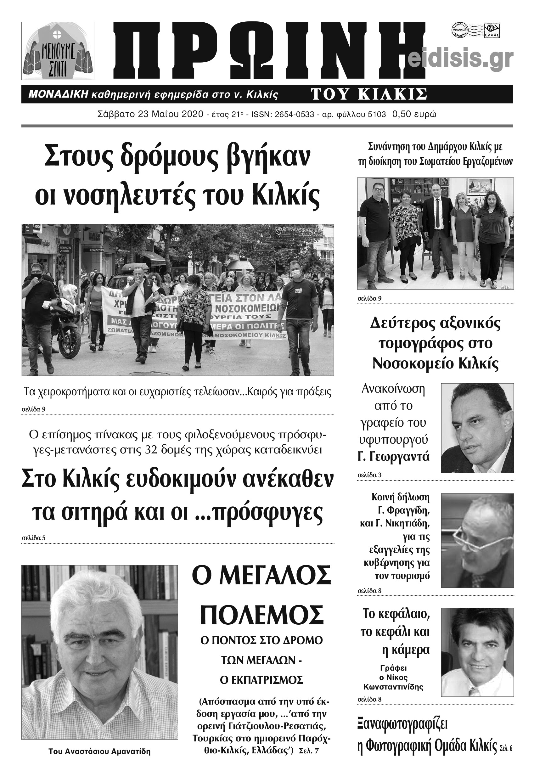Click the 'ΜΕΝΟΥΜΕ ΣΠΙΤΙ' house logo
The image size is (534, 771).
pyautogui.click(x=58, y=51)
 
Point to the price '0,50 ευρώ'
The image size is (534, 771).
pyautogui.click(x=414, y=115)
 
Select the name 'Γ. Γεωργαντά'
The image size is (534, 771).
pyautogui.click(x=393, y=457)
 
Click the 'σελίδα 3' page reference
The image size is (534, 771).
pyautogui.click(x=369, y=475)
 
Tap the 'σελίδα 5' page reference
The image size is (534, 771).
pyautogui.click(x=33, y=538)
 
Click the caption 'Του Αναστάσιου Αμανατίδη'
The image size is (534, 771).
pyautogui.click(x=99, y=751)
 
